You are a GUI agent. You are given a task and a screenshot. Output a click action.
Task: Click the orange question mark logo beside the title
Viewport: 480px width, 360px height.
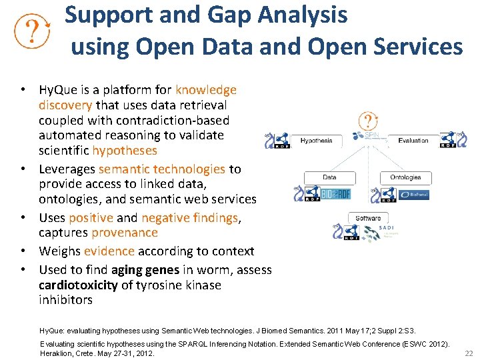pyautogui.click(x=33, y=31)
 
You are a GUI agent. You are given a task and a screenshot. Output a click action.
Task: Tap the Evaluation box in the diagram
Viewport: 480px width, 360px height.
pyautogui.click(x=413, y=141)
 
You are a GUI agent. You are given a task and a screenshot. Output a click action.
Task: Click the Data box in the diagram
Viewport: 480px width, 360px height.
pyautogui.click(x=329, y=177)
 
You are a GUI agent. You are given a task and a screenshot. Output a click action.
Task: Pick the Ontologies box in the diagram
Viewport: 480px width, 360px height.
pyautogui.click(x=405, y=177)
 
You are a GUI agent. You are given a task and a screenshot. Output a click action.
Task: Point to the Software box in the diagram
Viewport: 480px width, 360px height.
pyautogui.click(x=368, y=218)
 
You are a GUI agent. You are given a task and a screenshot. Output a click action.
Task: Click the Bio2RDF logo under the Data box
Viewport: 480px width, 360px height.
pyautogui.click(x=335, y=194)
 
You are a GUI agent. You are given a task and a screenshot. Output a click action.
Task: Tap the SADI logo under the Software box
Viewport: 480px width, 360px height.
pyautogui.click(x=385, y=231)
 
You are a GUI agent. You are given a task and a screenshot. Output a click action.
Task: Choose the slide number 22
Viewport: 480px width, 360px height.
pyautogui.click(x=468, y=353)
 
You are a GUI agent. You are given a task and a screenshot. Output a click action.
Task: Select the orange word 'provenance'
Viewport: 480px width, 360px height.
pyautogui.click(x=125, y=233)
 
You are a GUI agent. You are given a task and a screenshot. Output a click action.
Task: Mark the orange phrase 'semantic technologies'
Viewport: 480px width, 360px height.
pyautogui.click(x=161, y=169)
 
